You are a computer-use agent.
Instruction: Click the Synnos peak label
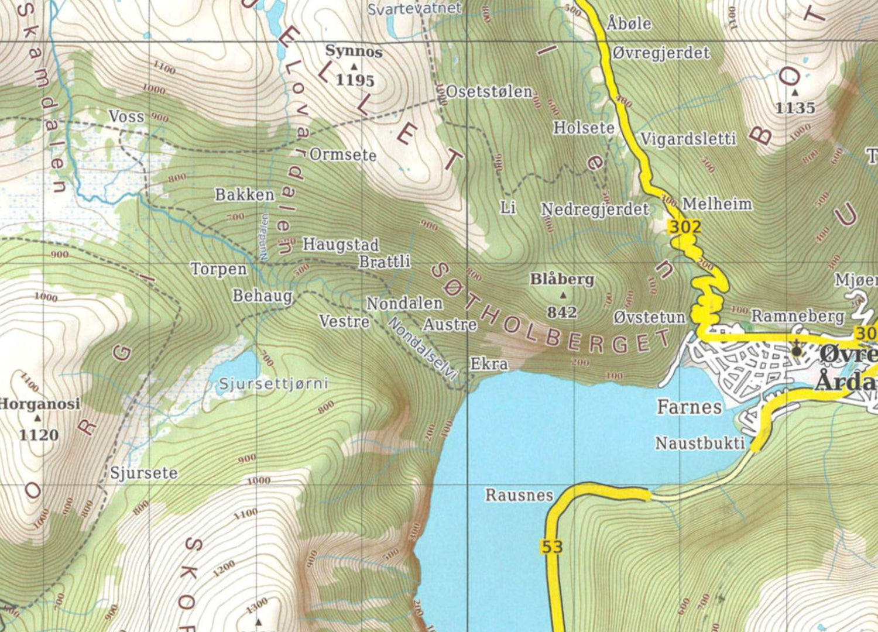[354, 51]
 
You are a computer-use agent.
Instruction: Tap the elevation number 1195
[355, 80]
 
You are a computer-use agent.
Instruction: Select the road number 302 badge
[684, 227]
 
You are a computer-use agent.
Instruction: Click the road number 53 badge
[551, 547]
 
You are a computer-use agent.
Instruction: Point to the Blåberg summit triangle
[563, 296]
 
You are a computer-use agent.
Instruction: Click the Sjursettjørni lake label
[273, 384]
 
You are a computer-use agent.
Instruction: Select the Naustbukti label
[699, 443]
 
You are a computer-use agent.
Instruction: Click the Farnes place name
[689, 407]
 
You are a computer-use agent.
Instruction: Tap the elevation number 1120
[39, 435]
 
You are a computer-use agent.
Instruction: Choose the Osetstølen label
[489, 92]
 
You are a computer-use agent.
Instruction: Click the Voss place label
[126, 116]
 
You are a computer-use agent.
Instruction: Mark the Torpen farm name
[219, 269]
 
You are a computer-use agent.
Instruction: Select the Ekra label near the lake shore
[489, 364]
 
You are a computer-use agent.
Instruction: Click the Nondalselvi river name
[422, 349]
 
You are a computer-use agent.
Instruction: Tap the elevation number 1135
[795, 108]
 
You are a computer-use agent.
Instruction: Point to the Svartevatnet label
[414, 9]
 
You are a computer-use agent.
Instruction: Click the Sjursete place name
[144, 473]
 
